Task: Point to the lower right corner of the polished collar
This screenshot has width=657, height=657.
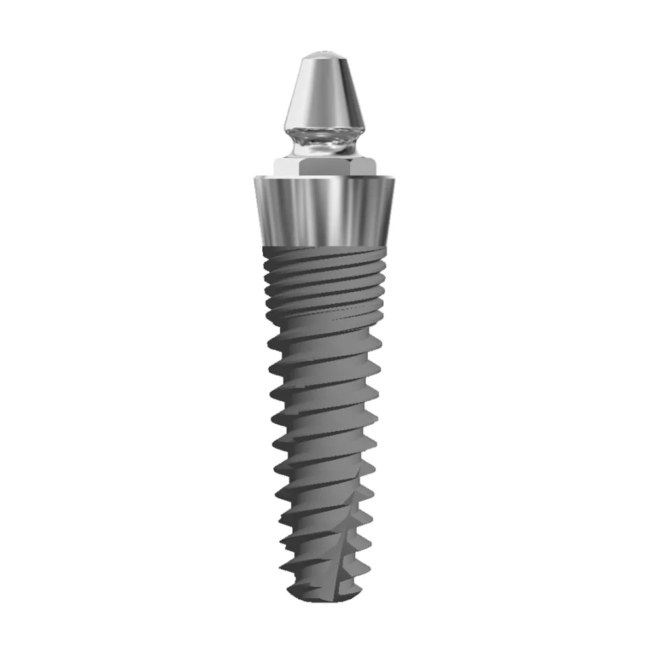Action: pos(391,244)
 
